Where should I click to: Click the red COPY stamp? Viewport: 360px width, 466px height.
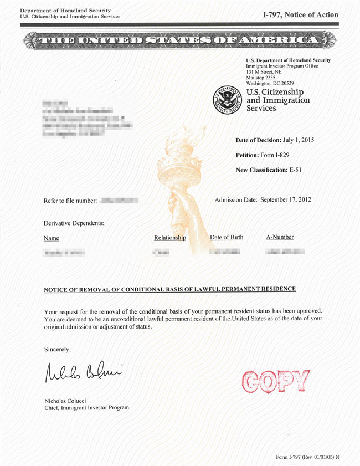click(x=275, y=381)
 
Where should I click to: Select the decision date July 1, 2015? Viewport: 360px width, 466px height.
click(x=299, y=140)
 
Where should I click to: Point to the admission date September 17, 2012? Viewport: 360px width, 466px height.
click(x=286, y=199)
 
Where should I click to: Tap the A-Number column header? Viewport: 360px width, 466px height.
click(x=280, y=237)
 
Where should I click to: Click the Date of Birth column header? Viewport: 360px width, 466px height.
click(x=227, y=237)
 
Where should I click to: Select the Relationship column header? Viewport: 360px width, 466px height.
click(x=170, y=238)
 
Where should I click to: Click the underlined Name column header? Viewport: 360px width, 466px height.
click(x=51, y=238)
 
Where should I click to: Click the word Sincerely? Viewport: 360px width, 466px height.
click(x=57, y=349)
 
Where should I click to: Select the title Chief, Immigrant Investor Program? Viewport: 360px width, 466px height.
click(x=86, y=408)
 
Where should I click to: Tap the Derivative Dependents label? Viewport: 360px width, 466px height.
click(x=74, y=223)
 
